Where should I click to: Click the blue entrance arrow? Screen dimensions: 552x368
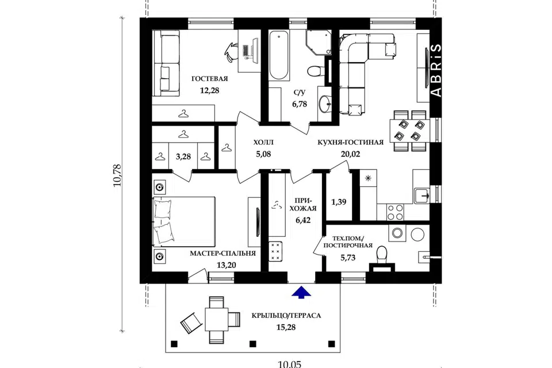(x=301, y=292)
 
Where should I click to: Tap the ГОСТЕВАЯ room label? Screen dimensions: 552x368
(x=210, y=79)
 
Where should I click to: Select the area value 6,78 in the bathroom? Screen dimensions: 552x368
(x=299, y=104)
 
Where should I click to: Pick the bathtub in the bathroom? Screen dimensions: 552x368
(x=279, y=55)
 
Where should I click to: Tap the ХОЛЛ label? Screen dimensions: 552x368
(x=263, y=143)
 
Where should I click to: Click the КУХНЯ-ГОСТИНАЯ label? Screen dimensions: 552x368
(x=350, y=142)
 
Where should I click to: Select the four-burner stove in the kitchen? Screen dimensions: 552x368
(x=395, y=212)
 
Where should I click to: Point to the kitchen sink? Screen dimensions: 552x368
(x=421, y=195)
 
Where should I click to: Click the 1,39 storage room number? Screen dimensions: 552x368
(x=339, y=202)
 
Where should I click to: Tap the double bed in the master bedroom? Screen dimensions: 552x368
(x=183, y=222)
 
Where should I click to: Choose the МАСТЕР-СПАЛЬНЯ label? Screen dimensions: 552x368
(x=223, y=254)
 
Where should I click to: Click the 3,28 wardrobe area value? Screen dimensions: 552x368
(x=183, y=156)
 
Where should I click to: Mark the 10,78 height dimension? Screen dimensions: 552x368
(x=117, y=175)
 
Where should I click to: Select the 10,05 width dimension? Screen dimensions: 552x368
(x=290, y=364)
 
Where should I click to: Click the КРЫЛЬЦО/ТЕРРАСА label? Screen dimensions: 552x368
(x=286, y=316)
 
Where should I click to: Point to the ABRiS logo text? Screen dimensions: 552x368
(x=436, y=70)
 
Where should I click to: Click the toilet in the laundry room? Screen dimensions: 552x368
(x=382, y=257)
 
